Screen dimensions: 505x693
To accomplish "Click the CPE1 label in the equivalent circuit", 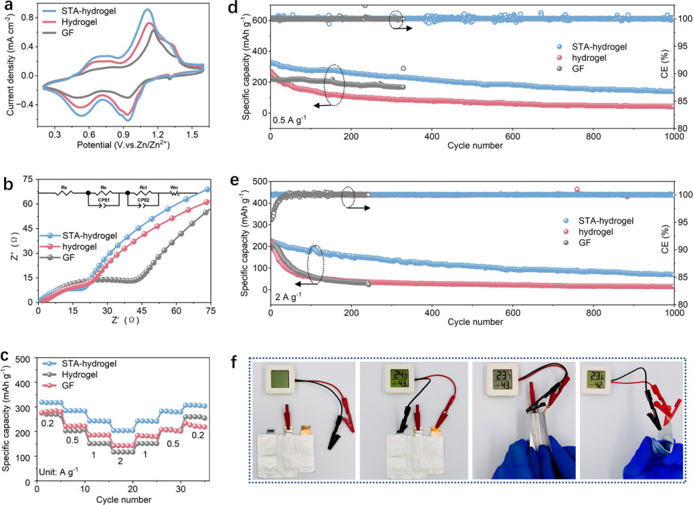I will pyautogui.click(x=104, y=200).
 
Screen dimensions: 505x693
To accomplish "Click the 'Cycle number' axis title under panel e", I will pyautogui.click(x=474, y=322).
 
